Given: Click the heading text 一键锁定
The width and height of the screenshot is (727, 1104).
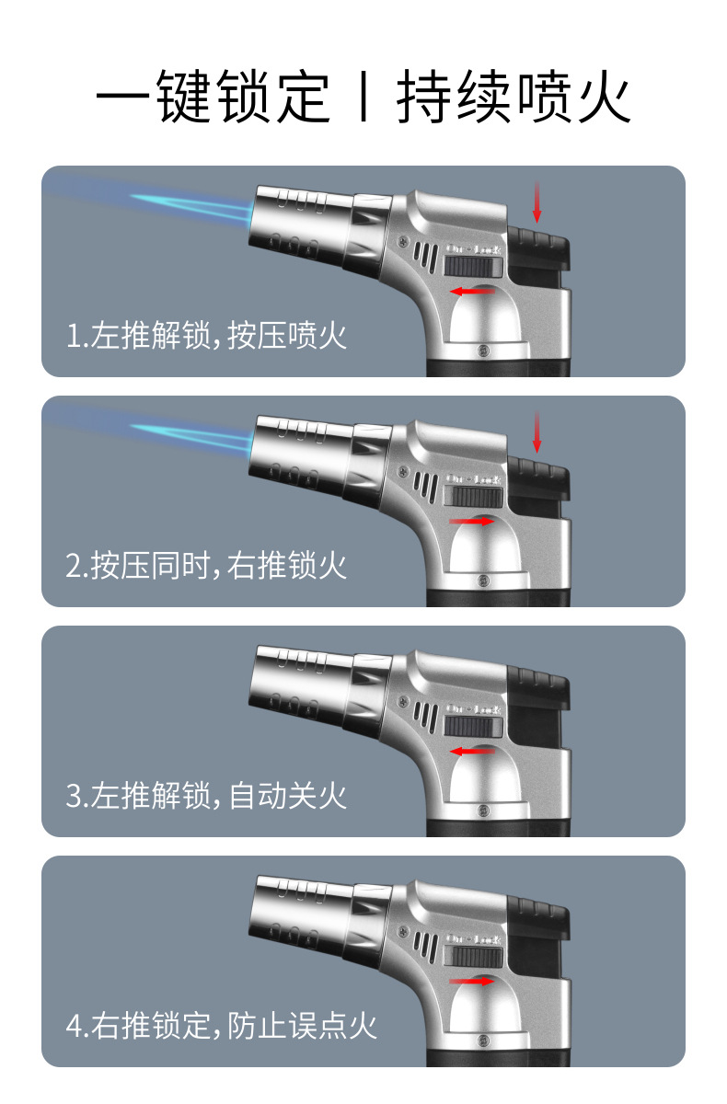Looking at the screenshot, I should click(x=213, y=97).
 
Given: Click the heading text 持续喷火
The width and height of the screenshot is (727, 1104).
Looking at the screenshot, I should click(x=514, y=97).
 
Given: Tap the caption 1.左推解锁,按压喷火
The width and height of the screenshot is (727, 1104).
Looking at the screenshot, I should click(x=206, y=335).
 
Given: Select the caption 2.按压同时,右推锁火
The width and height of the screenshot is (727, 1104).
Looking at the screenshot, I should click(x=206, y=565).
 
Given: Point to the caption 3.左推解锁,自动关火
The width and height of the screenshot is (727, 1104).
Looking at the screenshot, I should click(x=206, y=795).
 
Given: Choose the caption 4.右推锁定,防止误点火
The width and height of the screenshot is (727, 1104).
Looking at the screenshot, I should click(x=222, y=1025).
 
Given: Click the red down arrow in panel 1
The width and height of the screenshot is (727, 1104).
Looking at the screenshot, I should click(x=537, y=201).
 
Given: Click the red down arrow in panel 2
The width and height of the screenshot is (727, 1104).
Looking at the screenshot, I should click(x=537, y=431).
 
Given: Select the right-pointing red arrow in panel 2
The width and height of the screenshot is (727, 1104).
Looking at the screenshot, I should click(x=472, y=521).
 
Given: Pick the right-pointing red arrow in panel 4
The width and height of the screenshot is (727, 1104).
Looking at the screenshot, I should click(x=472, y=981).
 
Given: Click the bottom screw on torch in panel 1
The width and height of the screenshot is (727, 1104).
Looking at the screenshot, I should click(x=484, y=350).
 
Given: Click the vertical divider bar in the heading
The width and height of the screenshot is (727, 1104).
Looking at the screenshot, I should click(x=363, y=98).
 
